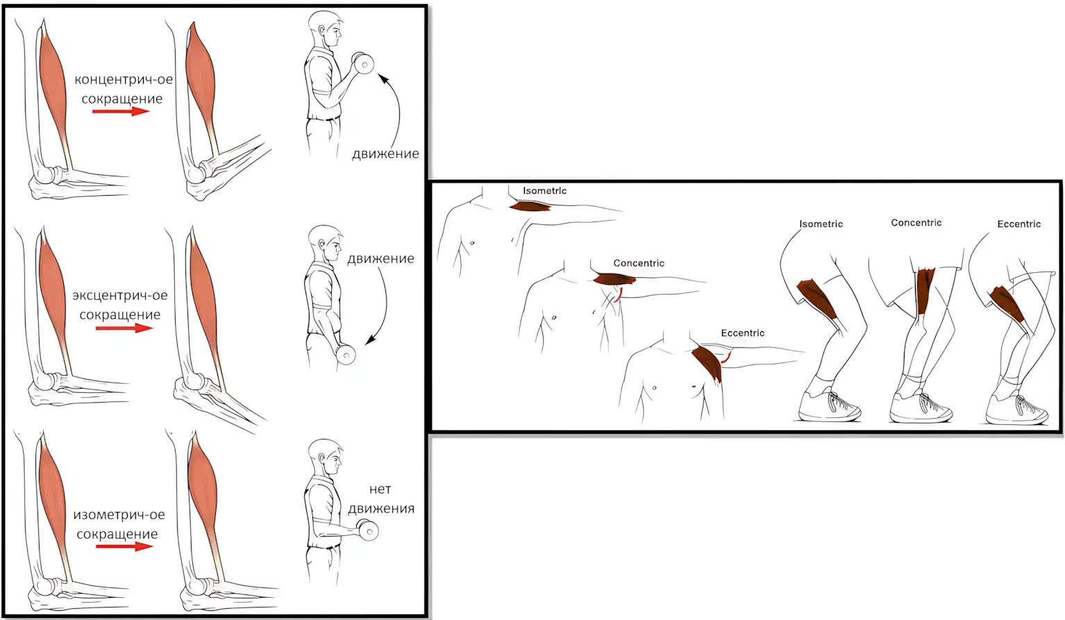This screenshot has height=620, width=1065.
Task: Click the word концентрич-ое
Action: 124,79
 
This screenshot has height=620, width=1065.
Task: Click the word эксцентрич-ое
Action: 120,295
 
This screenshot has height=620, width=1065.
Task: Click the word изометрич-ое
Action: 119,515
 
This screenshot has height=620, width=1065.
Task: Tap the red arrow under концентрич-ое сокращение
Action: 121,111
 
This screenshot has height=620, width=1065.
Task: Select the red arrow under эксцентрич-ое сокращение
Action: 124,328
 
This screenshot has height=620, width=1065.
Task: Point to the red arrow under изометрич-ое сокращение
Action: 124,546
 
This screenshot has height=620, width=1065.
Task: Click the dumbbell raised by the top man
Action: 362,62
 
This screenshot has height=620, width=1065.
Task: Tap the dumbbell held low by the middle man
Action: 346,354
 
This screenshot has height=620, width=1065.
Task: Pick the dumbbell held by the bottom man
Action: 367,530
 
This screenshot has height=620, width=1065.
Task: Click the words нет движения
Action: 381,498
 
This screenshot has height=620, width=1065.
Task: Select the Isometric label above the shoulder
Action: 545,191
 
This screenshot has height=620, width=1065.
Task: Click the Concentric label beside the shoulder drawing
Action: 639,263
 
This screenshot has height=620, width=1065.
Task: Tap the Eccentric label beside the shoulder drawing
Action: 743,333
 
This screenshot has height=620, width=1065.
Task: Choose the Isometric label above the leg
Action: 821,224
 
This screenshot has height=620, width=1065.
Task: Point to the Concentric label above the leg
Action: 916,222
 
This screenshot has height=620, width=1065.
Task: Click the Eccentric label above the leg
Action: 1019,224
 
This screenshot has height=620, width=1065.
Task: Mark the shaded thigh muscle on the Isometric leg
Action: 817,299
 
